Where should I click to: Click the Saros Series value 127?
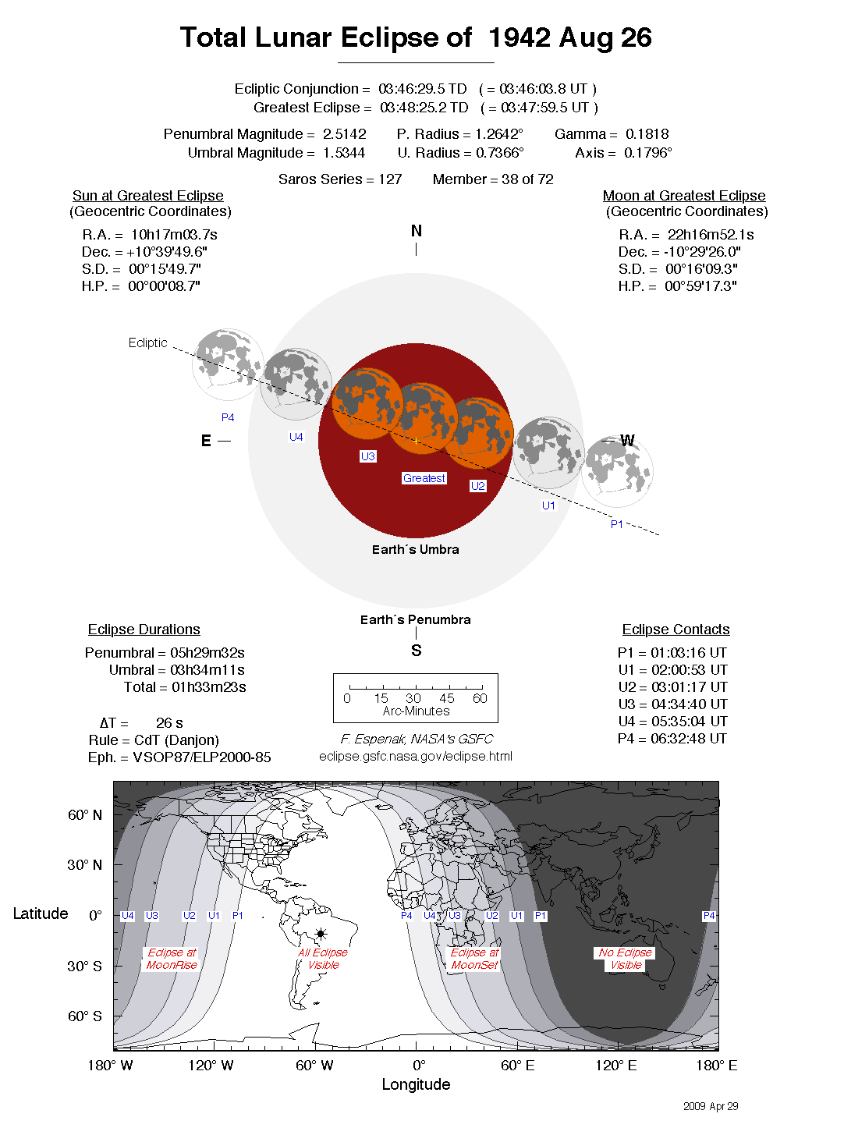(390, 179)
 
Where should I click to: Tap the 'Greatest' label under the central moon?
(424, 478)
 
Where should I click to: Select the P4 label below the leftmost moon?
(228, 417)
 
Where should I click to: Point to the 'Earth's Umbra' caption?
(415, 549)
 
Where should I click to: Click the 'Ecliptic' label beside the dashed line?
(147, 342)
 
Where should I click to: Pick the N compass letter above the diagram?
(417, 231)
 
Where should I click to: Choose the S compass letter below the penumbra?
(417, 651)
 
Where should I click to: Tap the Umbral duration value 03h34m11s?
(207, 670)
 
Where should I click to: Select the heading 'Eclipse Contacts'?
(676, 630)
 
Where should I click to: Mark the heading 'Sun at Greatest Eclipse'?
(148, 196)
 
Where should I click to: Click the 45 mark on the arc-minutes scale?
(447, 698)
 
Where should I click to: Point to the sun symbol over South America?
(320, 934)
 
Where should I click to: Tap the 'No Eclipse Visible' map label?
(626, 959)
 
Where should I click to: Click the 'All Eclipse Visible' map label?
(323, 959)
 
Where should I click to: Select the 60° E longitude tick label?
(517, 1066)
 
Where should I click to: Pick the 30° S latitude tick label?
(84, 966)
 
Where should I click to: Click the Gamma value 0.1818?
(647, 134)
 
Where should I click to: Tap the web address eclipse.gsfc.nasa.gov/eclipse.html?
(416, 756)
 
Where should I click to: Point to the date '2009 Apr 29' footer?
(711, 1106)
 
